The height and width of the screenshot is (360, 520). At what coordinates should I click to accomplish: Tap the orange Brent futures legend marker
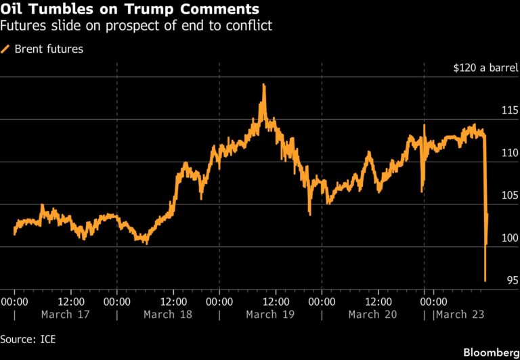click(x=6, y=49)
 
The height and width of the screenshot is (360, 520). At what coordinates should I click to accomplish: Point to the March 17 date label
click(x=65, y=315)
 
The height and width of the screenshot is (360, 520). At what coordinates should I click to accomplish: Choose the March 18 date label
click(x=168, y=315)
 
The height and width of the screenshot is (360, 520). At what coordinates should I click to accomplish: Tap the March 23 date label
click(x=459, y=315)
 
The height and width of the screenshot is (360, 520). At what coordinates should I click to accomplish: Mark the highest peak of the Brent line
click(x=263, y=85)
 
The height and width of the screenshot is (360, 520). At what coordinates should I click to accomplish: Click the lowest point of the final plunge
click(x=485, y=280)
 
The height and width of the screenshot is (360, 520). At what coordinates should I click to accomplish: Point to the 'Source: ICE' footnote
click(x=28, y=338)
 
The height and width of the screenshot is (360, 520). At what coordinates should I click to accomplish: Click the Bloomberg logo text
click(x=489, y=353)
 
